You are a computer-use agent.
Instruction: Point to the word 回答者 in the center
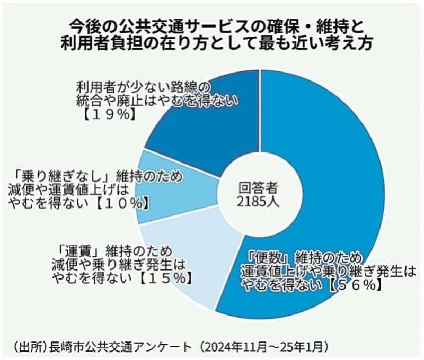258,187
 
